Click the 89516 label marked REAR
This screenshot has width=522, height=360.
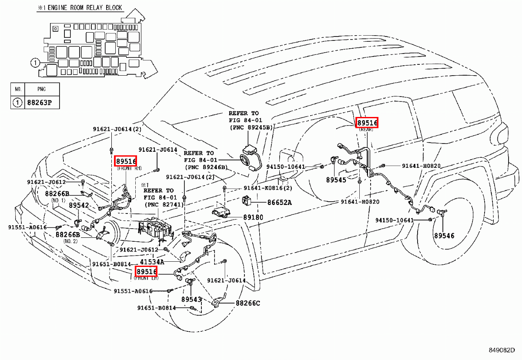point(367,123)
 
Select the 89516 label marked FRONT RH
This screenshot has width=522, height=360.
point(126,161)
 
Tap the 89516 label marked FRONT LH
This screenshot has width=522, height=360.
point(146,272)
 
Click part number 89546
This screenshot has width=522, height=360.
point(443,236)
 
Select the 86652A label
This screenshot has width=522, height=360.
point(279,202)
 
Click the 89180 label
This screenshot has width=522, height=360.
point(253,217)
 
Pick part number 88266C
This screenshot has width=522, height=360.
point(248,303)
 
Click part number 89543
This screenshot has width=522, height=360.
point(191,300)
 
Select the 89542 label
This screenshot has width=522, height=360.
point(78,205)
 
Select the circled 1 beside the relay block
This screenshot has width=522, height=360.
point(35,63)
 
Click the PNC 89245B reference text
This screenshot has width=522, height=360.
point(251,128)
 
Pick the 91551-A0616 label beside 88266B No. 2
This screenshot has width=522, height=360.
point(27,227)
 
